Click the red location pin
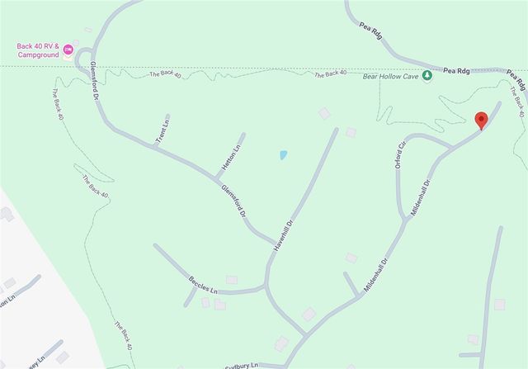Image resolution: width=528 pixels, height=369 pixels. point(482,120)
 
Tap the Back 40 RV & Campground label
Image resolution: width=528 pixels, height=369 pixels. point(39,50)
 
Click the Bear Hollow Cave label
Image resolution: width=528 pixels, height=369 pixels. point(390,76)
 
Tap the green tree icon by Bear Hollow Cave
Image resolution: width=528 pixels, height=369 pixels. point(427,76)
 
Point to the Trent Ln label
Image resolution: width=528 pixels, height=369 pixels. point(162,132)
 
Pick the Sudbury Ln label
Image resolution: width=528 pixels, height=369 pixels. point(243,365)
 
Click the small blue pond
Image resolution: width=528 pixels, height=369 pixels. point(282,154)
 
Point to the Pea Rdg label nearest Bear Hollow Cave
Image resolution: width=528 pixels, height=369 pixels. point(457,71)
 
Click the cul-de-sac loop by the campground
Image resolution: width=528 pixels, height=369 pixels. point(82,60)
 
